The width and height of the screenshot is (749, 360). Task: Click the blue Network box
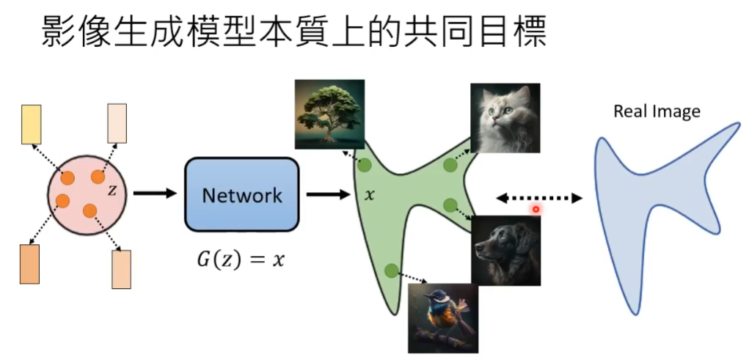click(x=242, y=194)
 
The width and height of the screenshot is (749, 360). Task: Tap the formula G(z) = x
click(x=241, y=260)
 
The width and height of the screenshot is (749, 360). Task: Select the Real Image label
click(x=657, y=111)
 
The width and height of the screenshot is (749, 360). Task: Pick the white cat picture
click(x=505, y=117)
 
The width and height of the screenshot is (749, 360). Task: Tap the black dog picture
click(x=505, y=250)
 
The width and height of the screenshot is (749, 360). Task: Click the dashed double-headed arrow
click(x=539, y=197)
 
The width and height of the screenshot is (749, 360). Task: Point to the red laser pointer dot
click(x=536, y=209)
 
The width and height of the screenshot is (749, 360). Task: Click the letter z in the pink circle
click(x=112, y=191)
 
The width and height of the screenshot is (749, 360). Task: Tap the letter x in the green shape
click(x=370, y=196)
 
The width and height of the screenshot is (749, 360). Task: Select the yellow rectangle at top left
click(x=32, y=124)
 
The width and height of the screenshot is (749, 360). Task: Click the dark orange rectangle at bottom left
click(x=29, y=264)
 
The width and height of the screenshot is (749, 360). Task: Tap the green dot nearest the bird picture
click(x=391, y=271)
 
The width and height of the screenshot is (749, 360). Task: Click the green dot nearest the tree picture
click(x=364, y=166)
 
